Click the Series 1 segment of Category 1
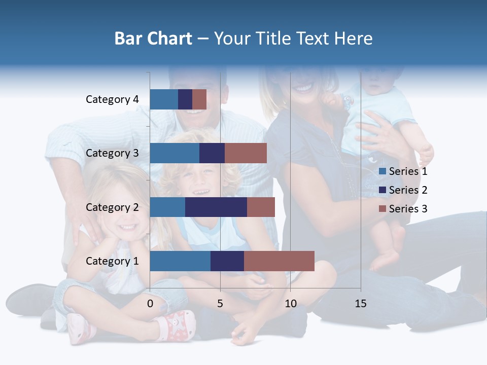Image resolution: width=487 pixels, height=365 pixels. click(x=180, y=261)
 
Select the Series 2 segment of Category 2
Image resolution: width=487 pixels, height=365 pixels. click(x=216, y=207)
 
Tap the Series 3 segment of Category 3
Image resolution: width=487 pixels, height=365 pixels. click(x=246, y=153)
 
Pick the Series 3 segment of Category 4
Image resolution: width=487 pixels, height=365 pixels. click(x=199, y=99)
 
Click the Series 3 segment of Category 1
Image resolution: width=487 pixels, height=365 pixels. click(x=279, y=261)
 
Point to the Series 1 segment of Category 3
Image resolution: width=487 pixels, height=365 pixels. click(x=175, y=153)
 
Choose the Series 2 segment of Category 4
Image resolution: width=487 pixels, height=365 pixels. click(x=185, y=99)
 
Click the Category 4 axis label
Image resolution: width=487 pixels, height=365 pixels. click(x=112, y=99)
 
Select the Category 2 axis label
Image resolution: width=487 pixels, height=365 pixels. click(x=112, y=207)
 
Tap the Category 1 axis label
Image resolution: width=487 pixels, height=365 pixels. click(x=112, y=261)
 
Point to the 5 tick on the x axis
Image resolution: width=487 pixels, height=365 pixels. click(x=220, y=304)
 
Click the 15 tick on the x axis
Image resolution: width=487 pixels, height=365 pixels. click(x=361, y=304)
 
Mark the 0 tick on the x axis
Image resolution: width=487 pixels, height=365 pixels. click(x=150, y=304)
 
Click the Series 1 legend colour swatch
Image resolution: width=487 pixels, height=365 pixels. click(x=382, y=171)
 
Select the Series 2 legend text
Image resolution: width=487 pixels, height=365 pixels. click(x=408, y=190)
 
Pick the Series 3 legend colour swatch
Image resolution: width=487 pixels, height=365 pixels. click(x=382, y=209)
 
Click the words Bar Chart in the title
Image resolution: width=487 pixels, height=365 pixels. click(x=153, y=39)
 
